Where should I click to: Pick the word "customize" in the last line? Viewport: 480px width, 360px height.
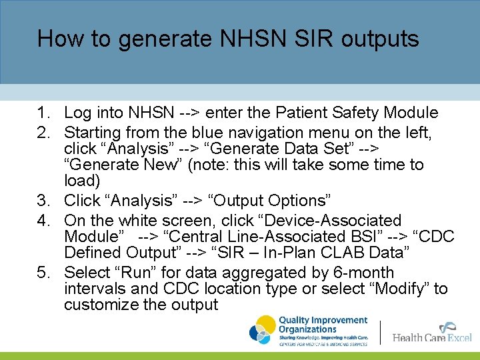(x=101, y=305)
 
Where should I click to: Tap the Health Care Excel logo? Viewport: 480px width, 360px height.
(x=432, y=333)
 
